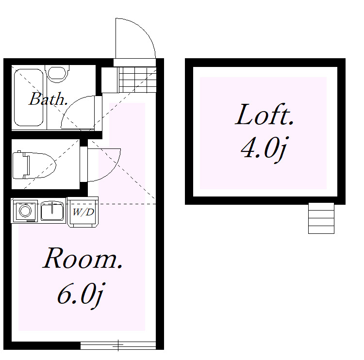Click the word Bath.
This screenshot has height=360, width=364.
pyautogui.click(x=48, y=99)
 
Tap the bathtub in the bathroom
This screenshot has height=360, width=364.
pyautogui.click(x=29, y=98)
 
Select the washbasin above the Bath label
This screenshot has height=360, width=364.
pyautogui.click(x=57, y=73)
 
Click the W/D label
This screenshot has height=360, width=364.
pyautogui.click(x=83, y=212)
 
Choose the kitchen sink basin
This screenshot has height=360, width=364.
pyautogui.click(x=52, y=211)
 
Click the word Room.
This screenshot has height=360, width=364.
pyautogui.click(x=83, y=258)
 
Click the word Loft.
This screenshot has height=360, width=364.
pyautogui.click(x=265, y=115)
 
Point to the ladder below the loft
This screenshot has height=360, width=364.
pyautogui.click(x=321, y=218)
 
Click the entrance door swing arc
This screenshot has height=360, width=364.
pyautogui.click(x=144, y=30)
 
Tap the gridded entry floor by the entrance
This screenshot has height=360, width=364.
pyautogui.click(x=137, y=80)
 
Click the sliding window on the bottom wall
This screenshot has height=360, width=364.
pyautogui.click(x=118, y=345)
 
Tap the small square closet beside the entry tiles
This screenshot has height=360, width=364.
pyautogui.click(x=110, y=80)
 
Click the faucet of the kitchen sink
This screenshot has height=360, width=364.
pyautogui.click(x=52, y=207)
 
